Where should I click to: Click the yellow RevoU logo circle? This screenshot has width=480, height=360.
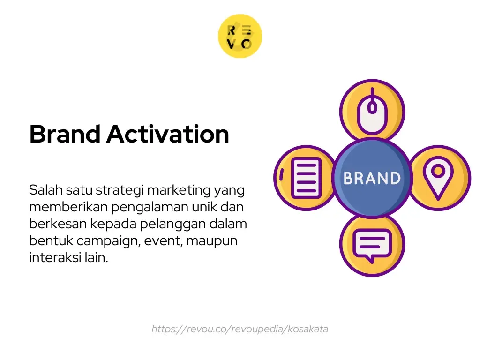point(240,36)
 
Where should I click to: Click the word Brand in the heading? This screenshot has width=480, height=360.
point(65,134)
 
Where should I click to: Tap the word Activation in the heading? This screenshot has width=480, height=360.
point(167,134)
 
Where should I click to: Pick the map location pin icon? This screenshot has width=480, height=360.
point(438,178)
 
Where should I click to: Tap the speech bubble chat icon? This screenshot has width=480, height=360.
point(372,244)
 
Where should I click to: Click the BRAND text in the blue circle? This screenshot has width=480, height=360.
point(372,178)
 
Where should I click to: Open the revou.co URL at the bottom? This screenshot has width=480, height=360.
point(240,329)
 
